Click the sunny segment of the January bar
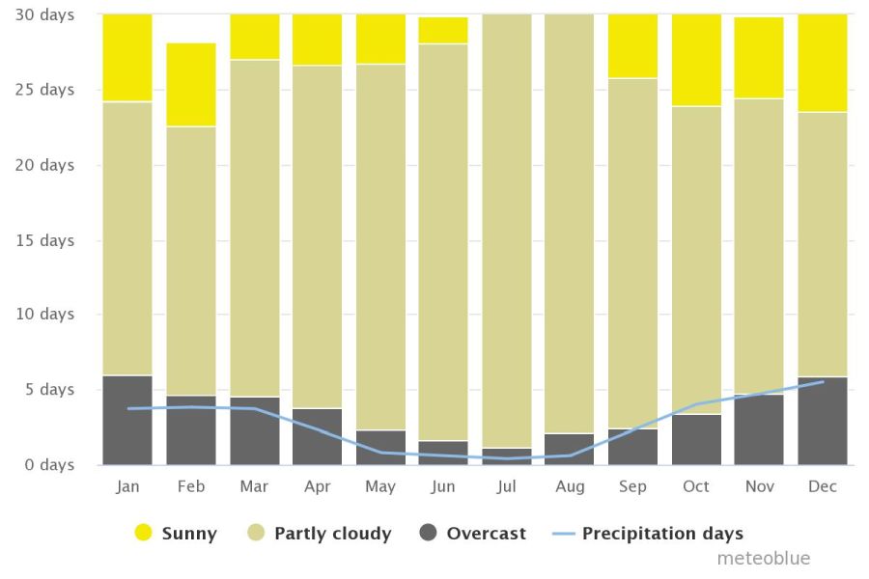pos(127,58)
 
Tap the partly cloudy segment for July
pos(507,232)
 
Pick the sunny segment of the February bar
pos(191,85)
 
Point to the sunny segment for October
pos(696,60)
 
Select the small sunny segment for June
pos(443,31)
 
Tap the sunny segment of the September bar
pos(632,46)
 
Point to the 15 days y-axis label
pos(44,239)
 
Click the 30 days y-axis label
pos(44,15)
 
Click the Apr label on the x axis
pos(318,487)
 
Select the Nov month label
pos(759,487)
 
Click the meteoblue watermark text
pos(763,559)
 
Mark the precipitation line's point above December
pos(823,382)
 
